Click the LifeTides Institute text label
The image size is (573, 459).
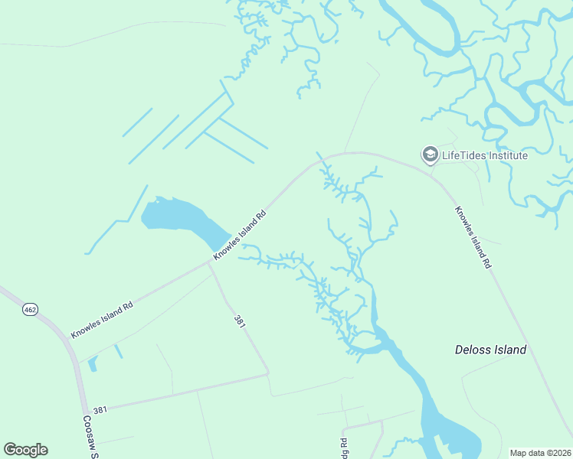[x=485, y=155]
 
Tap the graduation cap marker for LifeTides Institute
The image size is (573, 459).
[x=430, y=155]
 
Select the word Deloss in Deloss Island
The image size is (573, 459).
[x=474, y=350]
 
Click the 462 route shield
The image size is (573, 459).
[x=30, y=309]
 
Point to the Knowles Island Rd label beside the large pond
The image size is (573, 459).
[x=239, y=235]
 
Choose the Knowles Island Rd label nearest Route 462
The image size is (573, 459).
[x=102, y=319]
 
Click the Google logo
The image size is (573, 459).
[x=25, y=450]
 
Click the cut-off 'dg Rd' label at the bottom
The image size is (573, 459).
[x=344, y=448]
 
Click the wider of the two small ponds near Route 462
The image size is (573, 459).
[x=93, y=363]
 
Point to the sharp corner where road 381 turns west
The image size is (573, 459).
[x=269, y=373]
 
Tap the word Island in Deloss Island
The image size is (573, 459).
[x=511, y=350]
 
